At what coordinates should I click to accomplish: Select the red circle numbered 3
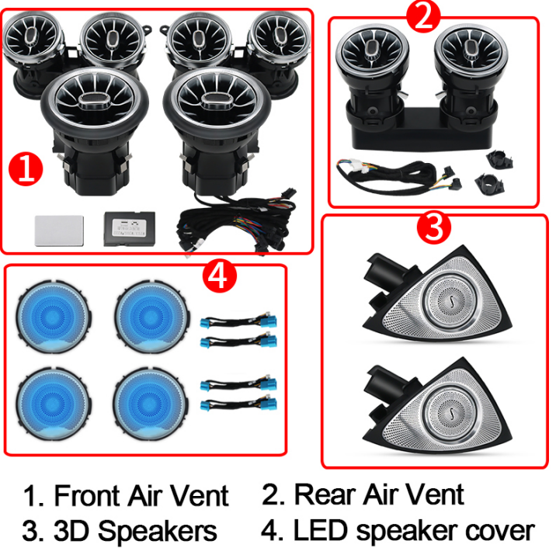point(434,227)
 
